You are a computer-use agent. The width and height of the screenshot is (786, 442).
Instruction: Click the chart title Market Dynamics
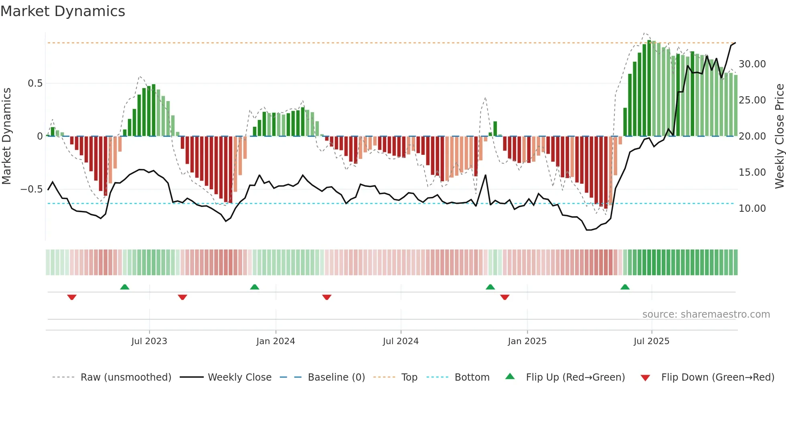pyautogui.click(x=63, y=11)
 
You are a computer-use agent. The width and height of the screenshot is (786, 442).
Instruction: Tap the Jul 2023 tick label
pyautogui.click(x=149, y=341)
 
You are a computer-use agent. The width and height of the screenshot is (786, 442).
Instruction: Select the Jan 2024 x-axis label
pyautogui.click(x=276, y=341)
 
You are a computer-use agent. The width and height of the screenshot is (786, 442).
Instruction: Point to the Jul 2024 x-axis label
pyautogui.click(x=401, y=341)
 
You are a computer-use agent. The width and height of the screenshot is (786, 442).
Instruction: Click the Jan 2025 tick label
pyautogui.click(x=527, y=341)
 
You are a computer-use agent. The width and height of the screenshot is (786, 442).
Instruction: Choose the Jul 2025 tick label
pyautogui.click(x=652, y=341)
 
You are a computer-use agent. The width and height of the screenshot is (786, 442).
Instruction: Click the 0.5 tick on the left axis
pyautogui.click(x=35, y=83)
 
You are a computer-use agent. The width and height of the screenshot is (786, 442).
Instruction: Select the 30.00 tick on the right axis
pyautogui.click(x=752, y=64)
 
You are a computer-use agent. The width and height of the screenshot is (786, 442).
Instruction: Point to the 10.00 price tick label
pyautogui.click(x=752, y=209)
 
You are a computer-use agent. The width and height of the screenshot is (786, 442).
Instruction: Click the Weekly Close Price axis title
pyautogui.click(x=779, y=136)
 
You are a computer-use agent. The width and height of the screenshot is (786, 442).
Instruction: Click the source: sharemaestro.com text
pyautogui.click(x=706, y=314)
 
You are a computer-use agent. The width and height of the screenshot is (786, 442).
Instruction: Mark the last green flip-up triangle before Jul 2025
pyautogui.click(x=625, y=287)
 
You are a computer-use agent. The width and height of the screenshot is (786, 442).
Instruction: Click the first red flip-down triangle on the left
pyautogui.click(x=72, y=297)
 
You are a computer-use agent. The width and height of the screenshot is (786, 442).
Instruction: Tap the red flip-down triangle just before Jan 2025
pyautogui.click(x=504, y=297)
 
